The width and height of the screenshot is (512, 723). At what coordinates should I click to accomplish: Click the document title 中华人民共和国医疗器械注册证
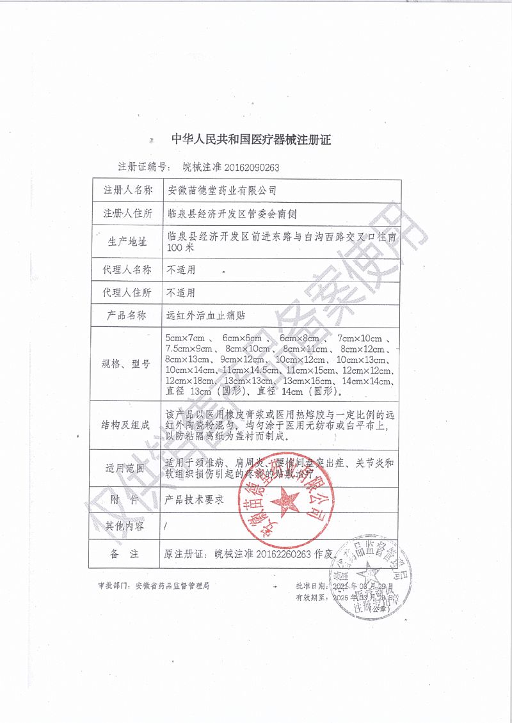251,139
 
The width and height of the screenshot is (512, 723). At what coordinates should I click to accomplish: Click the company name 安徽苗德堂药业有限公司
221,190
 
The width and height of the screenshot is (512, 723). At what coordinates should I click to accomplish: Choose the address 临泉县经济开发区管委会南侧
231,214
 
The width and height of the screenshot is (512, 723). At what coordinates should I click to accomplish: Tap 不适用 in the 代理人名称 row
180,269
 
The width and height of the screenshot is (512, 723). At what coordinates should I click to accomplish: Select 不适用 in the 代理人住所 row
180,293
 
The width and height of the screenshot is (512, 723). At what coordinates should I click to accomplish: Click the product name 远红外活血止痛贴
206,315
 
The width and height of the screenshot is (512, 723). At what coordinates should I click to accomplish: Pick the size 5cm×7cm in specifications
184,338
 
